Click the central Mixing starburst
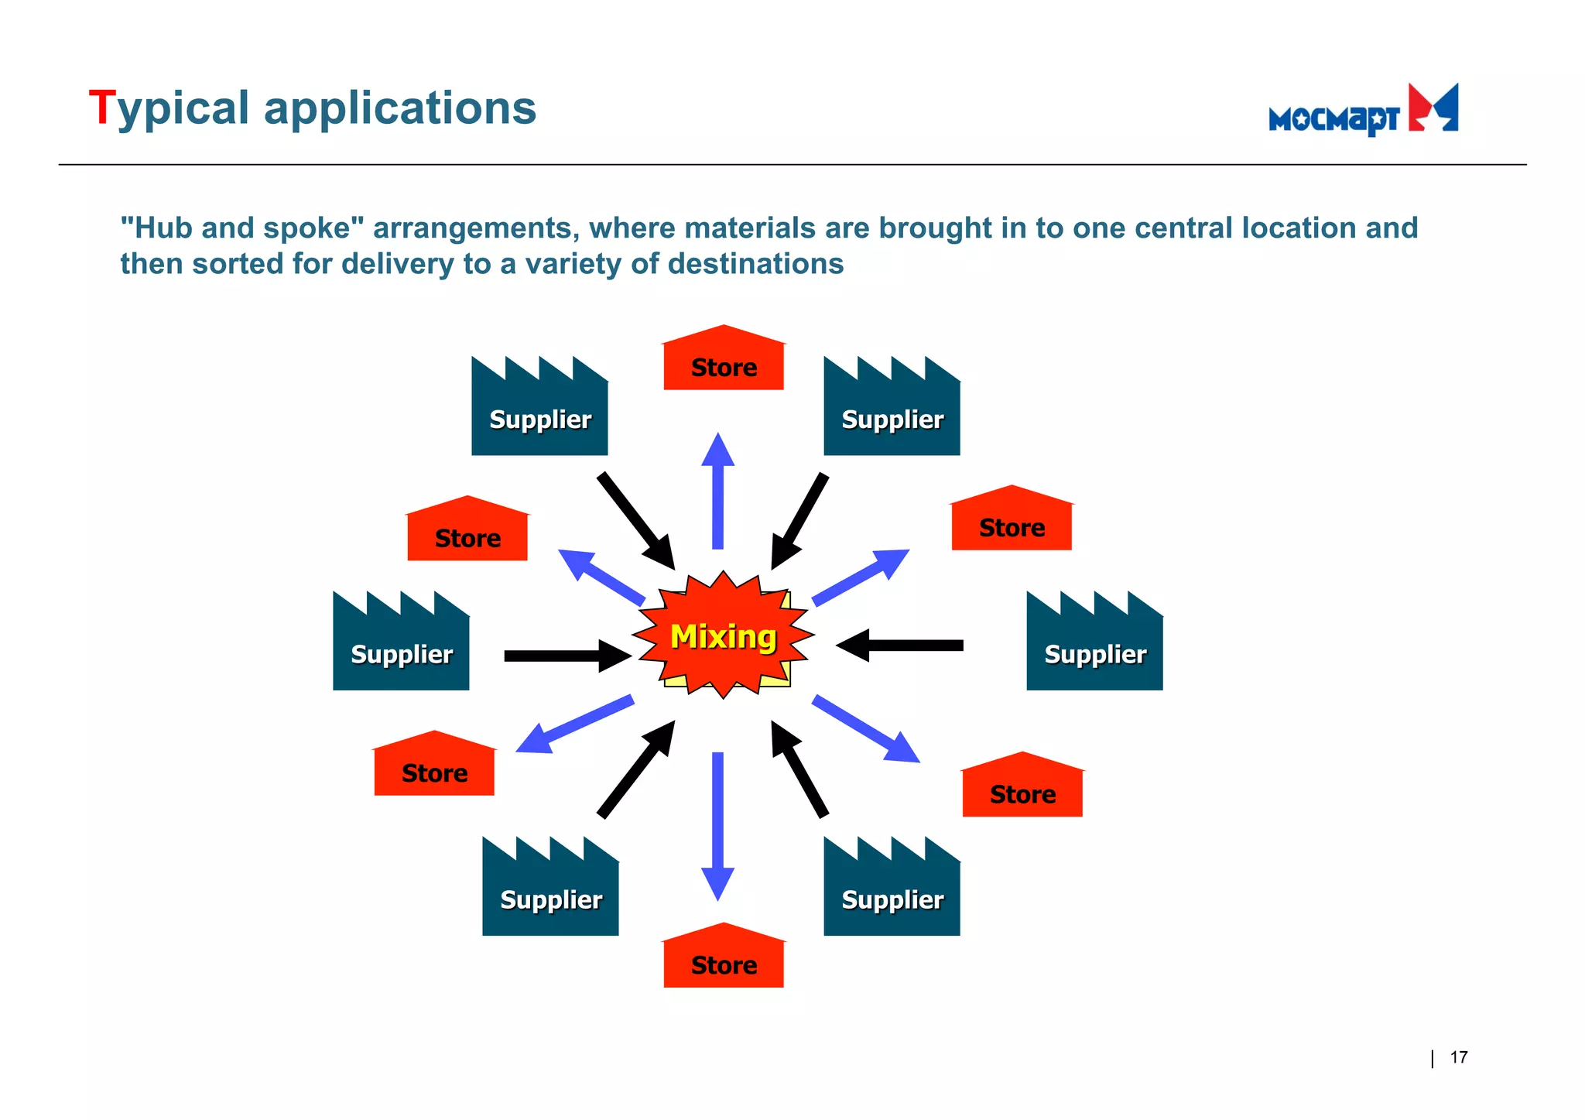coord(723,636)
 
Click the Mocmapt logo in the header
coord(1363,111)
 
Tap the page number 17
coord(1458,1057)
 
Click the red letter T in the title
coord(101,108)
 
